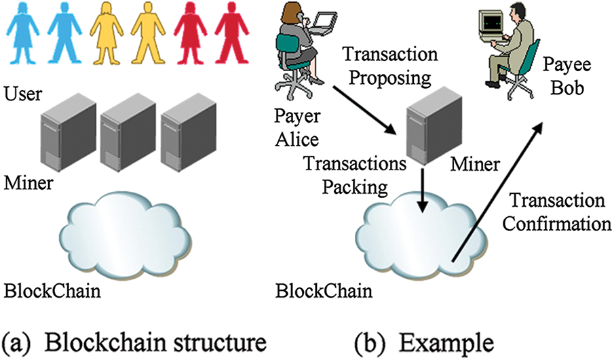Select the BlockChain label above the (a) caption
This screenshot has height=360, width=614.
click(52, 292)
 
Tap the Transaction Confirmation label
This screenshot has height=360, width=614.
click(557, 212)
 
